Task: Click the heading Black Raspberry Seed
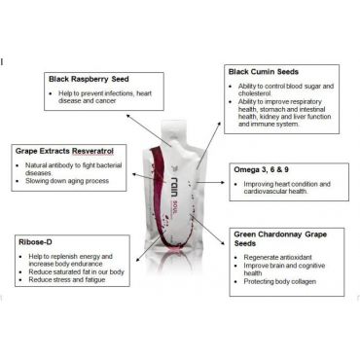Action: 89,79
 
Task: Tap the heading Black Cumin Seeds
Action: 264,72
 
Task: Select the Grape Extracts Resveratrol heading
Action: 64,151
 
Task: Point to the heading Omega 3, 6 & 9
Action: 261,169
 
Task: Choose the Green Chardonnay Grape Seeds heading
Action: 280,238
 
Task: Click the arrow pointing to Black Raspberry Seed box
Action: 149,130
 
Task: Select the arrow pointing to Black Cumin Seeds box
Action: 208,146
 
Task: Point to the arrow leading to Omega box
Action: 211,182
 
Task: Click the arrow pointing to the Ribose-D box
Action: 148,248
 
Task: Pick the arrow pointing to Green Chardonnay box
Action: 208,230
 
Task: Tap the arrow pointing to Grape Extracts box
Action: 149,178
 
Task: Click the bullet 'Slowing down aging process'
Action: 67,181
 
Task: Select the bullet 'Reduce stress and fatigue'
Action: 67,279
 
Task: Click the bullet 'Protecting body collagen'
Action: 280,281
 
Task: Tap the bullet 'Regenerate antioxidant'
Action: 278,258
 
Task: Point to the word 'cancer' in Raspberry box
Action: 105,101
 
